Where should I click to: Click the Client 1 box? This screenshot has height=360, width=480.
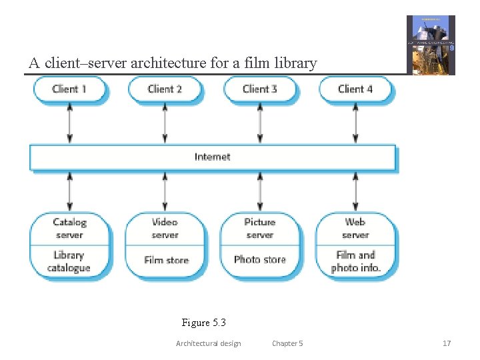pos(69,89)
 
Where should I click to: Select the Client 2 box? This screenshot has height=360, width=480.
pos(165,89)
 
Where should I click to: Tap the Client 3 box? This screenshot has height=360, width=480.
pos(260,89)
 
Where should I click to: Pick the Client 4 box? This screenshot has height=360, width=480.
pos(355,89)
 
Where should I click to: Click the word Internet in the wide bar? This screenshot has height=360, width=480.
pos(213,157)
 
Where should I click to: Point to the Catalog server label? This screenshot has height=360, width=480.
pos(69,229)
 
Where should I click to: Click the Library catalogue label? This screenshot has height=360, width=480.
pos(69,261)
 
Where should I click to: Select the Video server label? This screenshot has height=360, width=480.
pos(165,229)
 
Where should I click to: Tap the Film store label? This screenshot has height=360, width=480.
pos(166,260)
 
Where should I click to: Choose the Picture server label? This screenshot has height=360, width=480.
pos(260,229)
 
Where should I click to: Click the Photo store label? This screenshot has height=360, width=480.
pos(260,260)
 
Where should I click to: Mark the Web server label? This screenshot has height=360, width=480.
pos(355,229)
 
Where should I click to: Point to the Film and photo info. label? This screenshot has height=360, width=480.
pos(355,261)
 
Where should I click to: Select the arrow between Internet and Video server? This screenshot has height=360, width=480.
pos(165,191)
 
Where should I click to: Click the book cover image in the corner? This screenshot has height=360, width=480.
pos(431,45)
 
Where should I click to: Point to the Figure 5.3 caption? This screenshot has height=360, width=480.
pos(204,323)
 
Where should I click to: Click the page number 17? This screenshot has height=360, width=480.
pos(447,343)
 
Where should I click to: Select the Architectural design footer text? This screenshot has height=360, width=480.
pos(208,343)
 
